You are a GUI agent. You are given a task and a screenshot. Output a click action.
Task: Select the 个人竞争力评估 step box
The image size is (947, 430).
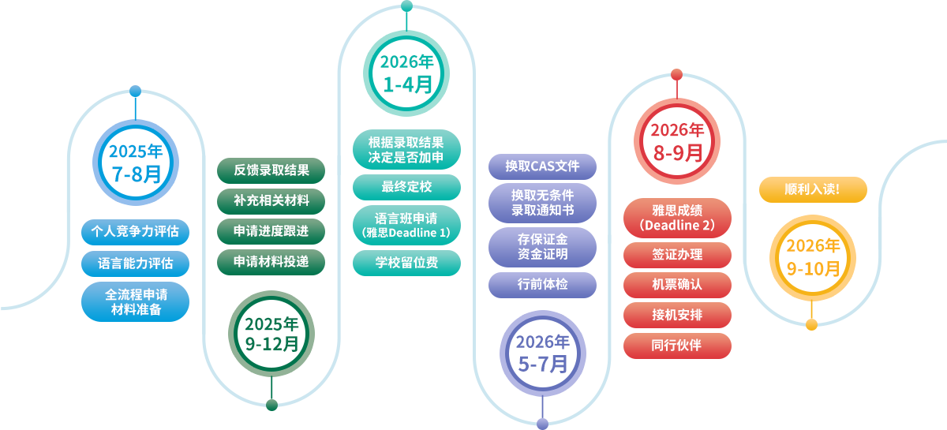click(x=135, y=231)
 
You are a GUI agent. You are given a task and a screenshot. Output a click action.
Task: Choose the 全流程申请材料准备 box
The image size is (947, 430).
click(x=135, y=302)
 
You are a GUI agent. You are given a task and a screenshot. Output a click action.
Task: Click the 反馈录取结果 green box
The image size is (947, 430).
click(x=271, y=170)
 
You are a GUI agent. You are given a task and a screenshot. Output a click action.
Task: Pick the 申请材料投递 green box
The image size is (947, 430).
click(x=271, y=261)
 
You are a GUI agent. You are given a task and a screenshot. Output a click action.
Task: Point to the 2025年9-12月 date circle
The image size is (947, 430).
click(x=271, y=333)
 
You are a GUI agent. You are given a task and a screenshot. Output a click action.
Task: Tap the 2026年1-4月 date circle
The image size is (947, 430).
click(x=407, y=73)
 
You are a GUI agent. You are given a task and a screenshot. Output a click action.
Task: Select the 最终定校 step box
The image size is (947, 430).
click(x=406, y=187)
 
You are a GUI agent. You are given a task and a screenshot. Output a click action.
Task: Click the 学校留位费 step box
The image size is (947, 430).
click(x=406, y=263)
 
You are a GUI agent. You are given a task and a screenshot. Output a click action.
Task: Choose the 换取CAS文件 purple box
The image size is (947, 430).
click(x=542, y=166)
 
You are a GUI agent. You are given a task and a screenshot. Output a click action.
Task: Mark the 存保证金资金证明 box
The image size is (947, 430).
click(x=542, y=245)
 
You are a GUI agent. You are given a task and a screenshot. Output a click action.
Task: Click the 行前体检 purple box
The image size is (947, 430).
click(x=542, y=284)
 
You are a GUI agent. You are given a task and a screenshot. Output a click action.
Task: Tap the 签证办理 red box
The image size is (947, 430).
click(x=676, y=255)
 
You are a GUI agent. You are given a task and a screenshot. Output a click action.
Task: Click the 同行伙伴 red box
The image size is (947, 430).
click(x=676, y=346)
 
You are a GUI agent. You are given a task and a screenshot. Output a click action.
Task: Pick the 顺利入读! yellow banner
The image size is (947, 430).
click(x=812, y=189)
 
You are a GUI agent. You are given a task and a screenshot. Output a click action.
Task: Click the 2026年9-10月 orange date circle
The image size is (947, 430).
click(x=813, y=257)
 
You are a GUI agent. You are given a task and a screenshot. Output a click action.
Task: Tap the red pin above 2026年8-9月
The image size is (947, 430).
click(x=676, y=75)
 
